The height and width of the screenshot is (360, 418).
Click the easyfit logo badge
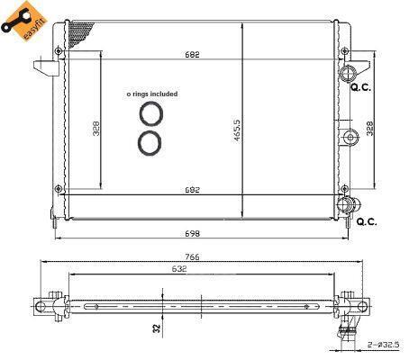24,21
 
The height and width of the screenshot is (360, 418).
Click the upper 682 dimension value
192,55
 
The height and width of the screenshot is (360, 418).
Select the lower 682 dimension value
192,190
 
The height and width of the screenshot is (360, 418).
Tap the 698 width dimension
192,233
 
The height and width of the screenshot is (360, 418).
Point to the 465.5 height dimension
237,130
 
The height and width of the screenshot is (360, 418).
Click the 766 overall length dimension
192,256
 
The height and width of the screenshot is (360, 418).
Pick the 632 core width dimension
179,269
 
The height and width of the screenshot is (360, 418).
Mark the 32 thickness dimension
157,328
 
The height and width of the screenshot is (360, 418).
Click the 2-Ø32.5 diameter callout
384,345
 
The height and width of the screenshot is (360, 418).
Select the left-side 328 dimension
96,129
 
